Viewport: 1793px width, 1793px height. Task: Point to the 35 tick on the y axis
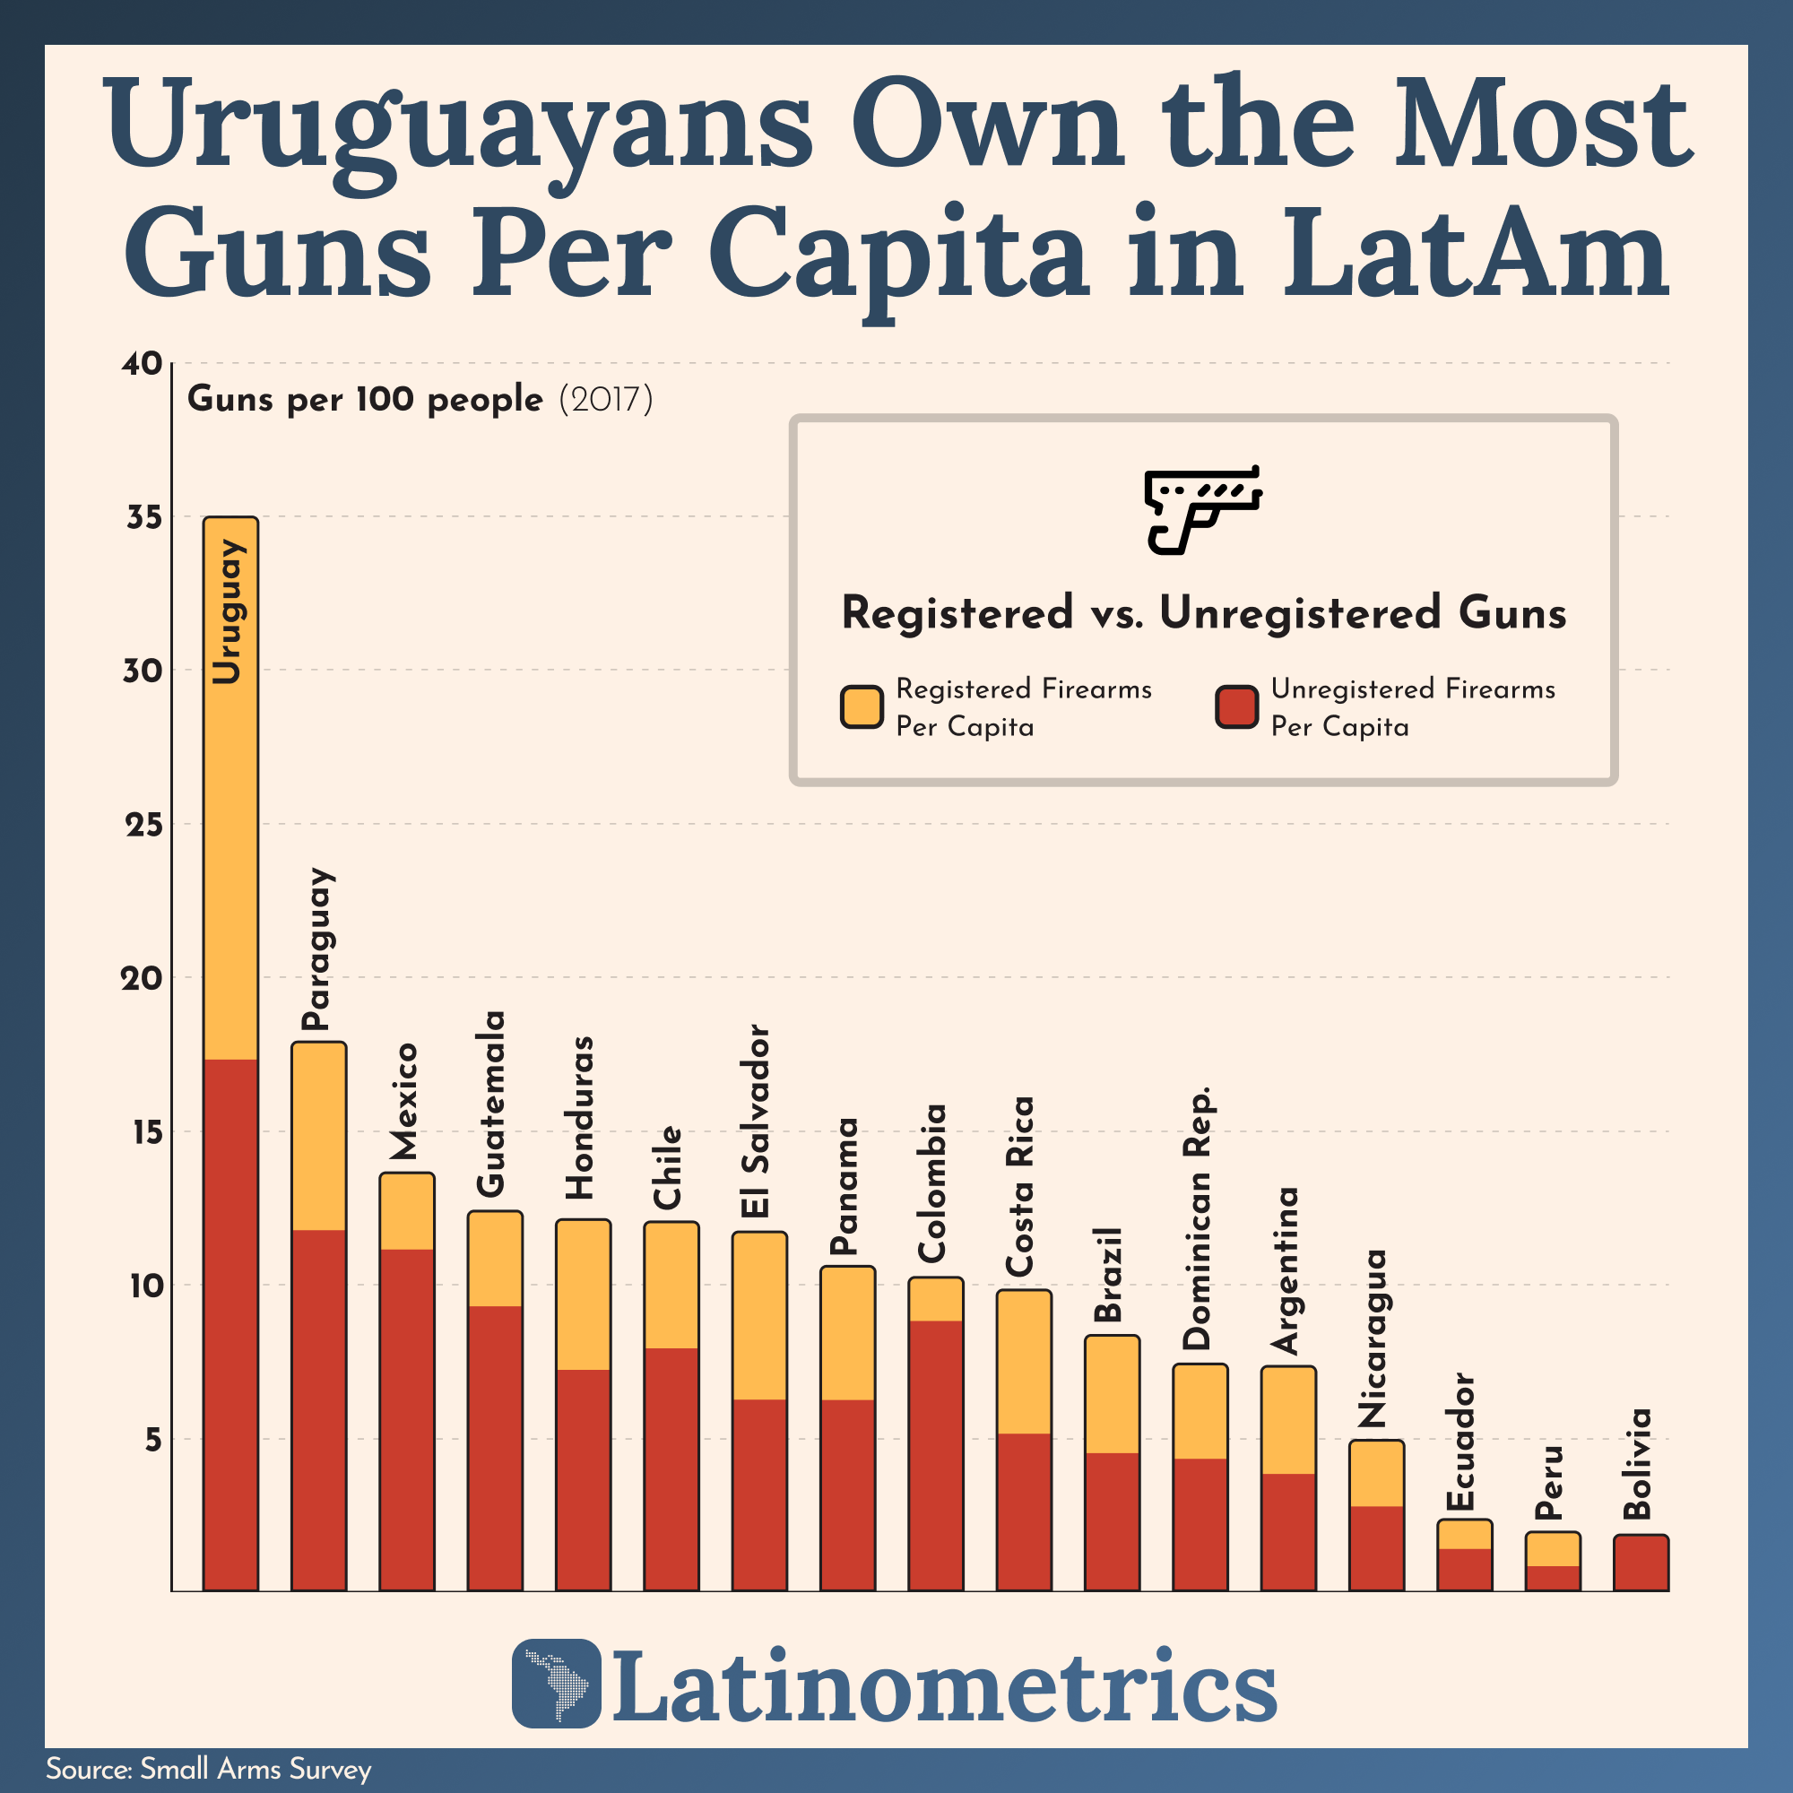click(143, 518)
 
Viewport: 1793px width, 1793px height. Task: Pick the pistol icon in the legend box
click(1203, 509)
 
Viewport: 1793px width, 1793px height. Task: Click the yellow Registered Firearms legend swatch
click(862, 708)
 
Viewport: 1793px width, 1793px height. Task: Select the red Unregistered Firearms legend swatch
click(1236, 708)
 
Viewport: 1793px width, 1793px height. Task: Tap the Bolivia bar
click(1640, 1563)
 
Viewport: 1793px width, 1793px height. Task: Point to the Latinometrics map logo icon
click(556, 1683)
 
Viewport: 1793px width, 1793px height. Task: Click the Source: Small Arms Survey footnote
click(208, 1769)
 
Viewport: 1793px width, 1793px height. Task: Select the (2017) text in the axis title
click(606, 400)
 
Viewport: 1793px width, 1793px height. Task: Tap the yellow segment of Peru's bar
click(1553, 1549)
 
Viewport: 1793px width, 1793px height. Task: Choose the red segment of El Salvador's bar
click(759, 1494)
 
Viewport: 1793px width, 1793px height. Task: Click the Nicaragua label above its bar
click(1373, 1338)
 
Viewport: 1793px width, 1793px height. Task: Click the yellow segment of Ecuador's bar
click(1465, 1534)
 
